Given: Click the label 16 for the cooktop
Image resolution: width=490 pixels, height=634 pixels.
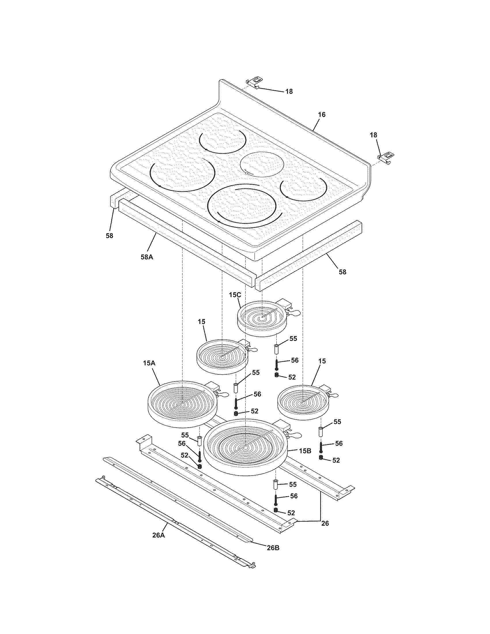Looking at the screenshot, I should (322, 114).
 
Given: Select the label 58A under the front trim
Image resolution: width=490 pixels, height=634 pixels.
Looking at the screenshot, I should (147, 257).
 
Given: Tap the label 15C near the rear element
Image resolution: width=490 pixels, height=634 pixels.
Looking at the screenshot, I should (235, 295).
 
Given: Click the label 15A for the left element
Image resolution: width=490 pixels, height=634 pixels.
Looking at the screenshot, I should (149, 363).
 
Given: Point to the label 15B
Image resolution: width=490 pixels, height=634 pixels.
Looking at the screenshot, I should (305, 451).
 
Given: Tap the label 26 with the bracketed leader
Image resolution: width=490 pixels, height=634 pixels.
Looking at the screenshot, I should (325, 523).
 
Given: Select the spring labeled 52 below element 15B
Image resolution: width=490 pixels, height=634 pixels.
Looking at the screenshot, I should (276, 511).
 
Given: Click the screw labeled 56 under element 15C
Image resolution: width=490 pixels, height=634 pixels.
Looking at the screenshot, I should (276, 364).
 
